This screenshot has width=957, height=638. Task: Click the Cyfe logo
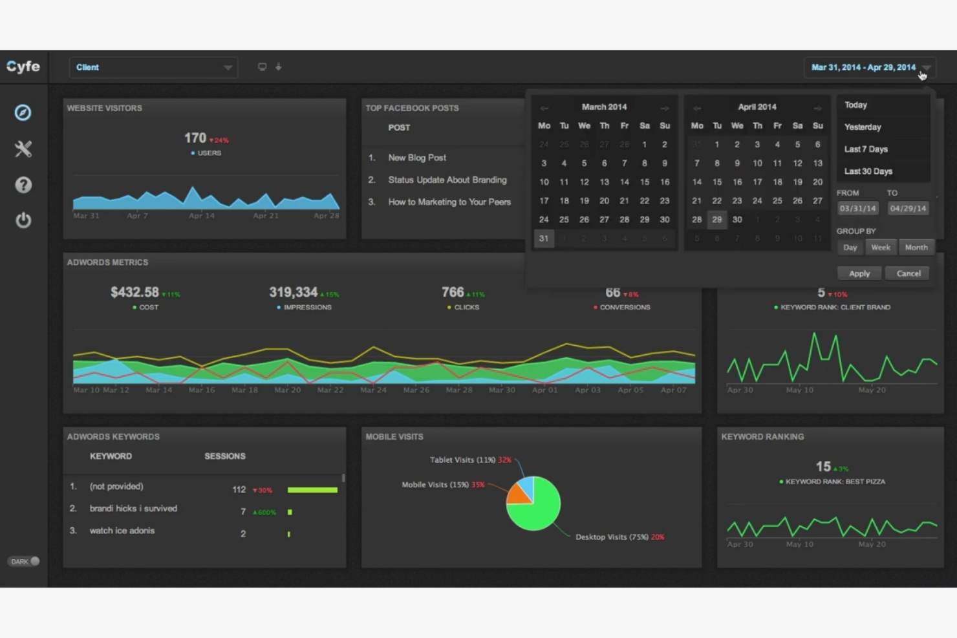point(23,67)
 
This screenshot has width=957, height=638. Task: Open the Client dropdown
point(153,67)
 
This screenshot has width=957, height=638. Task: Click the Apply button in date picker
point(859,273)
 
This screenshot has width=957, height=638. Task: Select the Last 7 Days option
point(866,149)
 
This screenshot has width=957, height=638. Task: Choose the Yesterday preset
point(863,127)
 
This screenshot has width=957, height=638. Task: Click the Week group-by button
point(880,248)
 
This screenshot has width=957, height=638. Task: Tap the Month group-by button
point(916,248)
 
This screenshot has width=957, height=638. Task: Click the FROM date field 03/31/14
point(857,208)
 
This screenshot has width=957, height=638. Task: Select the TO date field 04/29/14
point(907,208)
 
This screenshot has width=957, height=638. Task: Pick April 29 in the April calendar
point(716,220)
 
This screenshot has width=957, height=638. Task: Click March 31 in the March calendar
point(544,239)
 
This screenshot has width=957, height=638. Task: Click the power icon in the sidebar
point(23,220)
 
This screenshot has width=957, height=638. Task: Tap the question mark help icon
point(23,186)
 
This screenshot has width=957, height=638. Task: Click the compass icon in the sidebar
point(23,113)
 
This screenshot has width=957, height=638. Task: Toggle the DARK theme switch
point(25,561)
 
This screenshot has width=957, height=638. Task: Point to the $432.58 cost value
point(134,292)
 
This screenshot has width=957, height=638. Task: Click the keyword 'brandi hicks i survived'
point(133,509)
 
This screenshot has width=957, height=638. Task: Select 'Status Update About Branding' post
point(447,180)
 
